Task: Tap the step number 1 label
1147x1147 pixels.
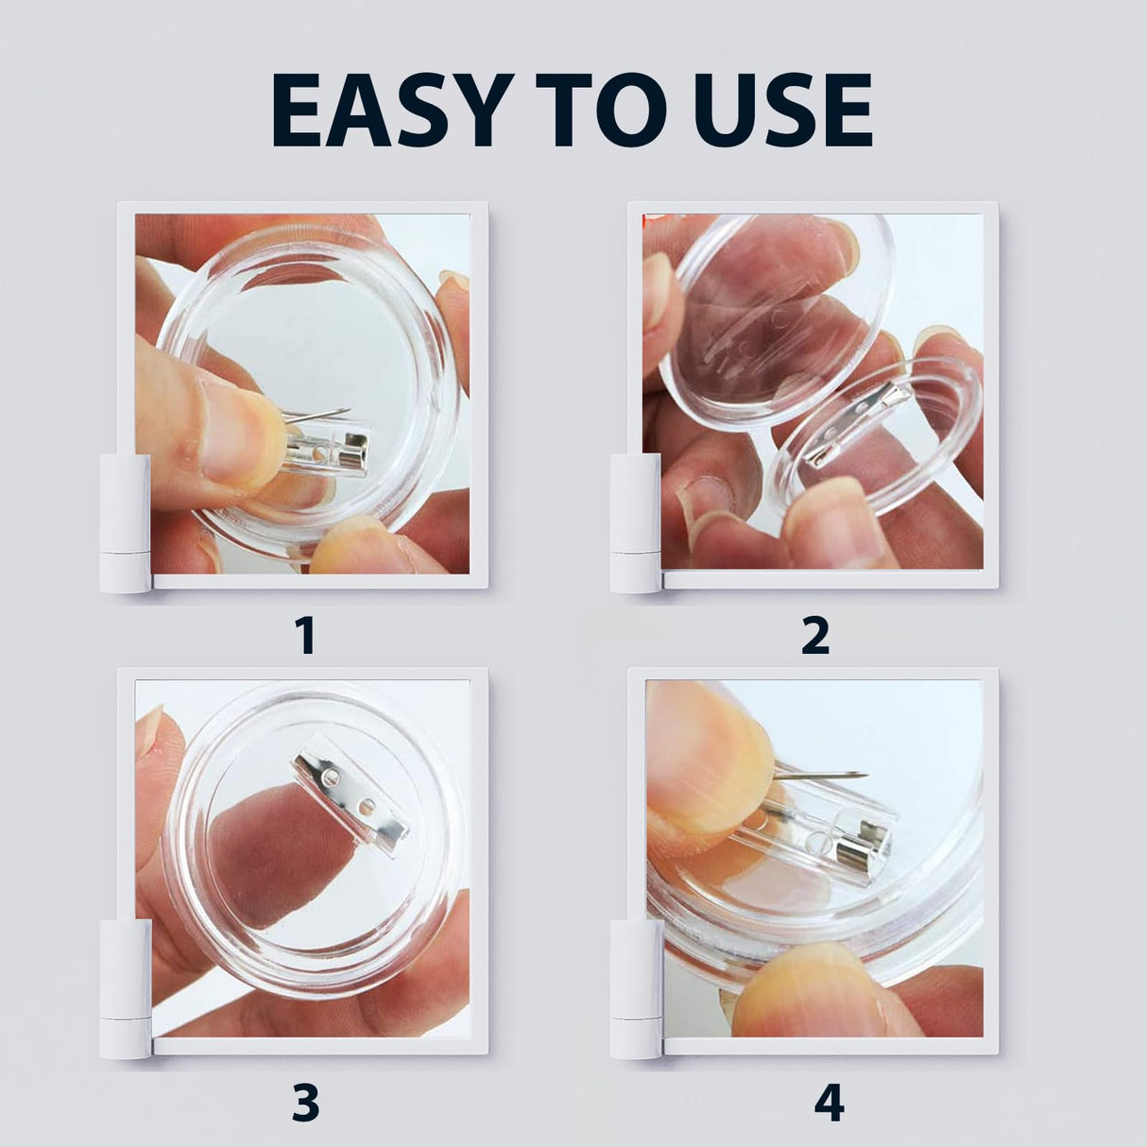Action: point(304,635)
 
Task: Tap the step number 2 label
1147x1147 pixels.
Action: point(814,635)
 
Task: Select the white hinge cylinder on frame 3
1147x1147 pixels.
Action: point(125,987)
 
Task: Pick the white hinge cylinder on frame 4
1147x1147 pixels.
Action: point(635,987)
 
